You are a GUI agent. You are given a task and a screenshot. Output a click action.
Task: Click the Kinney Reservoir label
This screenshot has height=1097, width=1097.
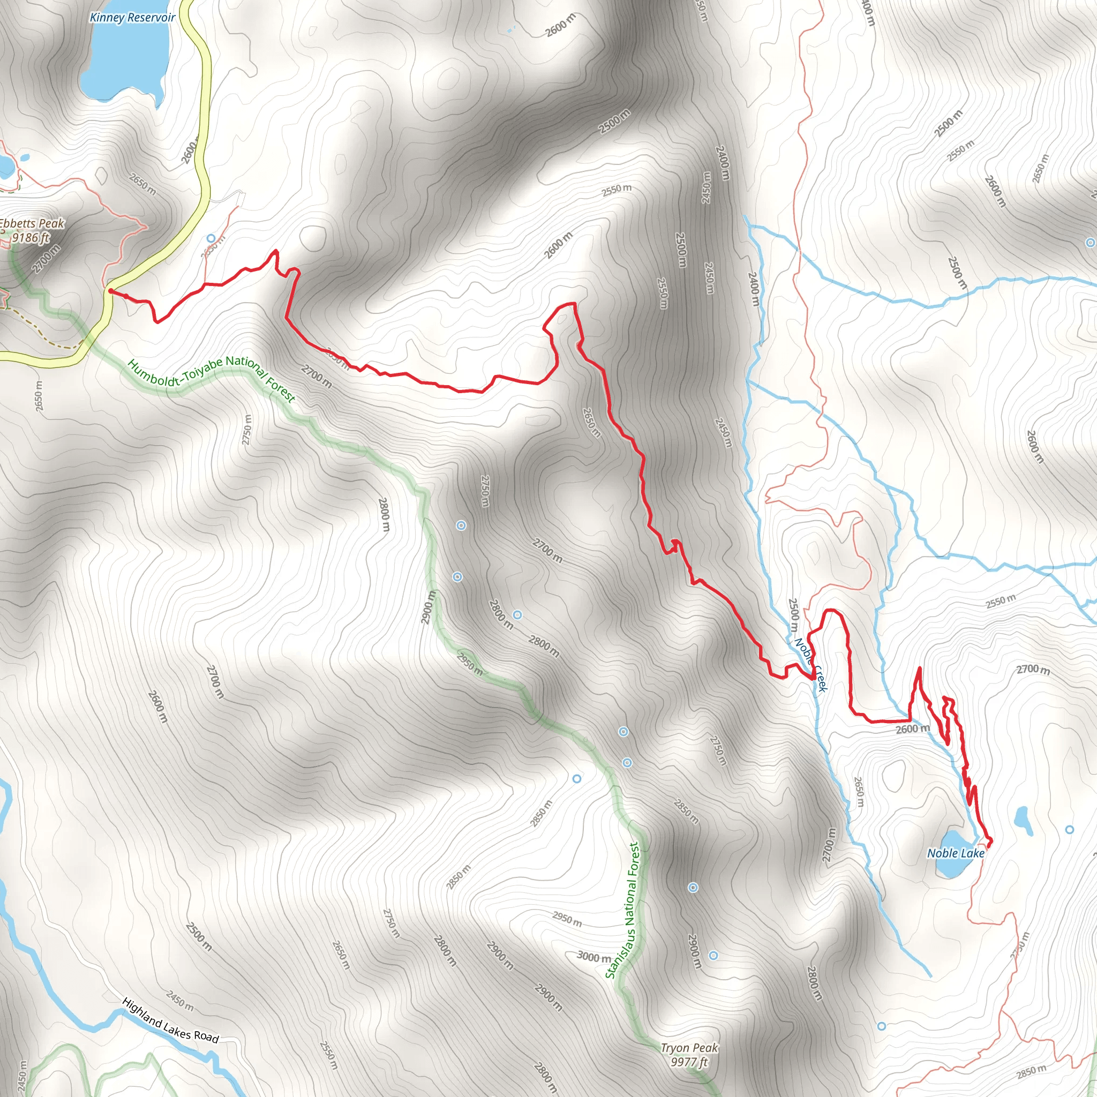coord(132,18)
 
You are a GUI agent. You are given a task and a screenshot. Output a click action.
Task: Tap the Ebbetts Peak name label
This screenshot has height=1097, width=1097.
coord(33,224)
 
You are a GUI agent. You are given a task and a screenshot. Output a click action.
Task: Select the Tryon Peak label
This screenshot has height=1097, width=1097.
coord(689,1048)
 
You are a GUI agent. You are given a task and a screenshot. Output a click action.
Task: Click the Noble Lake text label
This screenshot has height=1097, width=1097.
coord(956,853)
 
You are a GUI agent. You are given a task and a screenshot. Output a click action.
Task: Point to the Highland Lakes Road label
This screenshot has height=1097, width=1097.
coord(170,1020)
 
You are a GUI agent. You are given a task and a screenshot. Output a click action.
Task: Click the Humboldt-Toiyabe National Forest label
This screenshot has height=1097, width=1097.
coord(211,379)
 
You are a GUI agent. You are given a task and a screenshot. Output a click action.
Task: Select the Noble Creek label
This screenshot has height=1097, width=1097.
coord(811,664)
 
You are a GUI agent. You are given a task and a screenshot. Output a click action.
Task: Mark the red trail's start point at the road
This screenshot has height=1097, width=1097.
coord(111,291)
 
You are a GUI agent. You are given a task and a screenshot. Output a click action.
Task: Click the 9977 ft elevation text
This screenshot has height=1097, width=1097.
coord(689,1062)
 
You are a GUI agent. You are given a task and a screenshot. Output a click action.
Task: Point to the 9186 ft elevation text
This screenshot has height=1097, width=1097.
coord(31,237)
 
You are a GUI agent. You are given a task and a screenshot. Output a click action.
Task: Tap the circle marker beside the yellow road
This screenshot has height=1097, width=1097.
coord(211,238)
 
